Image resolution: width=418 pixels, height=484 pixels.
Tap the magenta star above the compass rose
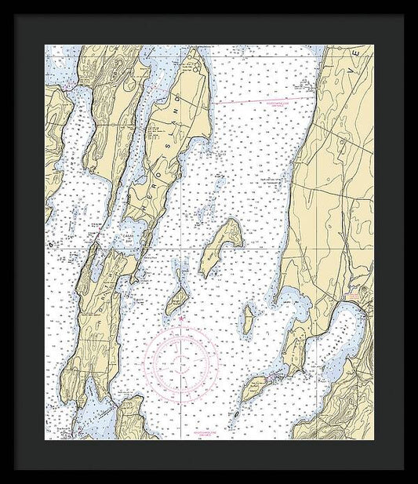183,318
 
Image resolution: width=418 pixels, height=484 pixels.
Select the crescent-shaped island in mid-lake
220,245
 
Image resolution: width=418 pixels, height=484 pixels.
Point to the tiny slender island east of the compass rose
249,317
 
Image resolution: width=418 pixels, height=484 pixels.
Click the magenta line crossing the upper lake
259,100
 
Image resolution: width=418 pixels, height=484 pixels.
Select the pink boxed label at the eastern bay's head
352,291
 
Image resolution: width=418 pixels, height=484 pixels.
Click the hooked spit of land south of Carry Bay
135,275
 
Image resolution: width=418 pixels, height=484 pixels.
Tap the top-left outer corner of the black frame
14,14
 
